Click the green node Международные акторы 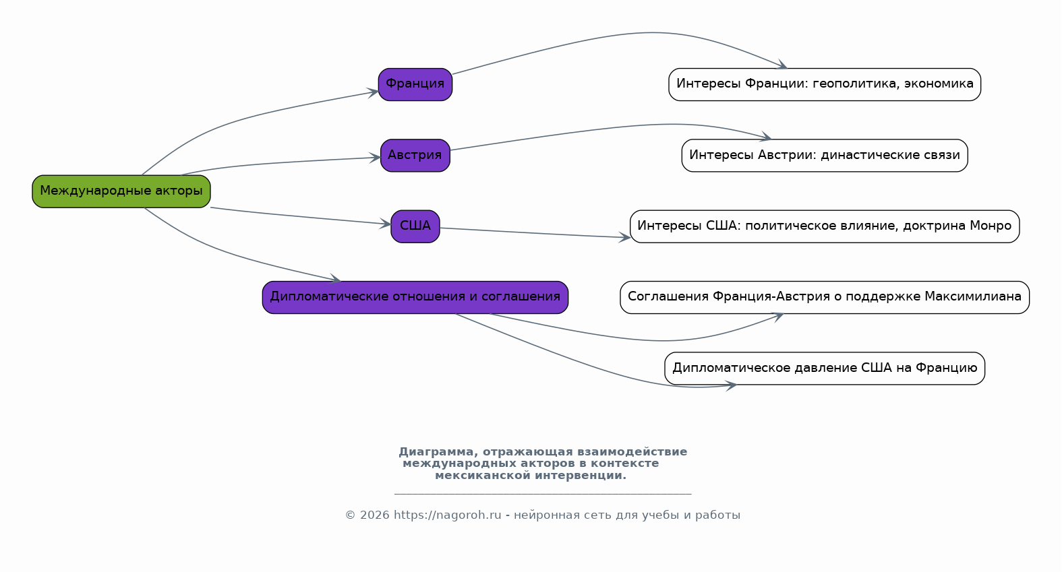[121, 191]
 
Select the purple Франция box [415, 84]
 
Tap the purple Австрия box [415, 156]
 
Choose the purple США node [415, 226]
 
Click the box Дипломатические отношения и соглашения [415, 298]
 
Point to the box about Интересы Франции [825, 84]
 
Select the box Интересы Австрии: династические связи [825, 156]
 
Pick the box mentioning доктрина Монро [825, 226]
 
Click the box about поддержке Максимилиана [825, 298]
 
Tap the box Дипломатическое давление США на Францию [825, 369]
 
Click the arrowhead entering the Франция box [373, 92]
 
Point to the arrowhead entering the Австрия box [375, 158]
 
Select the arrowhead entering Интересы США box [624, 237]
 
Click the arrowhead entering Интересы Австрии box [766, 137]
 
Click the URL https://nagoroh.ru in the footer [447, 515]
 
